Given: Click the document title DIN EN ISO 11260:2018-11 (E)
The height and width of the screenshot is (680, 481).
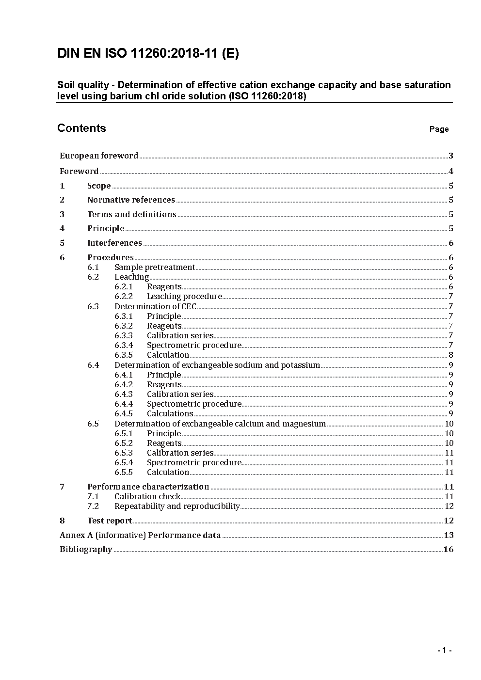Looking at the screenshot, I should click(x=148, y=54).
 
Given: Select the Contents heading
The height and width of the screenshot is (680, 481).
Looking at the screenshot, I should click(x=81, y=128).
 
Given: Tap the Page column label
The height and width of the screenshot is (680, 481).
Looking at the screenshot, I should click(x=439, y=129).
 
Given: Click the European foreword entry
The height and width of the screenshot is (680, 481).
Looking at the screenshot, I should click(x=99, y=156).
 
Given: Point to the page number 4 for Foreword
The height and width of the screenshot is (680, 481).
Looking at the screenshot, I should click(x=451, y=171).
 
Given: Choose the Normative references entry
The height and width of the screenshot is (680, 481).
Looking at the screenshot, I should click(x=131, y=200).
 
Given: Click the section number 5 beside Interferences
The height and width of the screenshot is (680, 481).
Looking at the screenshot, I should click(x=62, y=243).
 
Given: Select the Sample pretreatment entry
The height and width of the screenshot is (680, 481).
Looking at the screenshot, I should click(x=154, y=267).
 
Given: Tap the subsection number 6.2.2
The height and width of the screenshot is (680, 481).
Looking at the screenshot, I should click(x=124, y=296).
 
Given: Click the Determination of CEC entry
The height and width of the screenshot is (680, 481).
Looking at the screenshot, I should click(x=155, y=306).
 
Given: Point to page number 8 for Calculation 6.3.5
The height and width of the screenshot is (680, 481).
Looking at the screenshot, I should click(x=451, y=355).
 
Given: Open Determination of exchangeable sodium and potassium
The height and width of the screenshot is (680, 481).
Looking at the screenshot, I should click(x=217, y=365).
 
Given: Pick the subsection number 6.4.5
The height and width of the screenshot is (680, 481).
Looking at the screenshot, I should click(x=124, y=413).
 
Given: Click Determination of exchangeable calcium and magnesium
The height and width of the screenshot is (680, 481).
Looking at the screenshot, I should click(x=220, y=424).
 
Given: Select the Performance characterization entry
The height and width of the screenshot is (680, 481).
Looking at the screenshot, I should click(x=148, y=487).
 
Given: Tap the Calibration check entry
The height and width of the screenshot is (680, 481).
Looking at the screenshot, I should click(x=147, y=496).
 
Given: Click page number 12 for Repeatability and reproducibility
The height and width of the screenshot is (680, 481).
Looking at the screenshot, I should click(x=449, y=506).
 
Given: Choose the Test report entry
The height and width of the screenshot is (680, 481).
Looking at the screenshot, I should click(x=110, y=521).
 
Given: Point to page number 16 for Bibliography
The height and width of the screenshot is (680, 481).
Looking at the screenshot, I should click(x=449, y=549).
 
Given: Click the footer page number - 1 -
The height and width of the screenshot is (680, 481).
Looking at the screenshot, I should click(x=444, y=650).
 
